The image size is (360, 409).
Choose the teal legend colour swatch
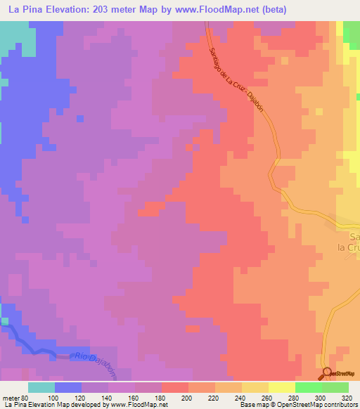point(41,387)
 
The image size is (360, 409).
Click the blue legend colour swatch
point(67,387)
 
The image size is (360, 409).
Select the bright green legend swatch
point(308,387)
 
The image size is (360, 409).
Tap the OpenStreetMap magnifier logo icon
point(326,373)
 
